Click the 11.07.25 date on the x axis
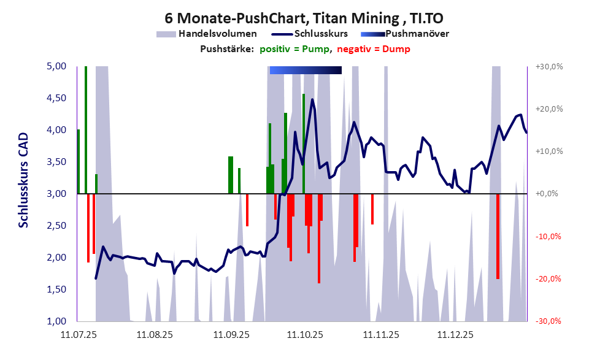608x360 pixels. (x=79, y=335)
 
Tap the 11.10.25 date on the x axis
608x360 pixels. (x=305, y=335)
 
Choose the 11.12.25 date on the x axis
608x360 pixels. (x=455, y=335)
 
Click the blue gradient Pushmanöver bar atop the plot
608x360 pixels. (x=306, y=70)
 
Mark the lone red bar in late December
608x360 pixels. (x=498, y=236)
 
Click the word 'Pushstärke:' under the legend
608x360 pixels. (x=227, y=49)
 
